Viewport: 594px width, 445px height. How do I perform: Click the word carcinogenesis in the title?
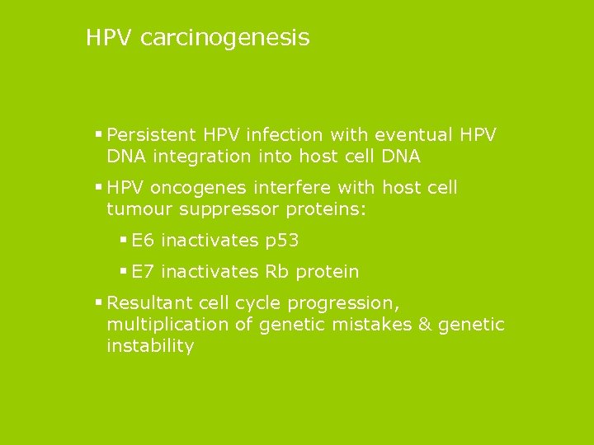tap(225, 38)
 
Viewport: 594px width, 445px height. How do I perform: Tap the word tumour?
tap(135, 209)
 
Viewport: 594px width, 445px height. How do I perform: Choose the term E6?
tap(143, 241)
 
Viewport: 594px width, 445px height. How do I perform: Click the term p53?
tap(281, 241)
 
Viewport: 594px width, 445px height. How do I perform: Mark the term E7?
tap(143, 272)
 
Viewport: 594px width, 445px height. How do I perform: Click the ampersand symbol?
tap(425, 325)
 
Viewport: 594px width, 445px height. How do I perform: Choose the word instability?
tap(150, 346)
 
